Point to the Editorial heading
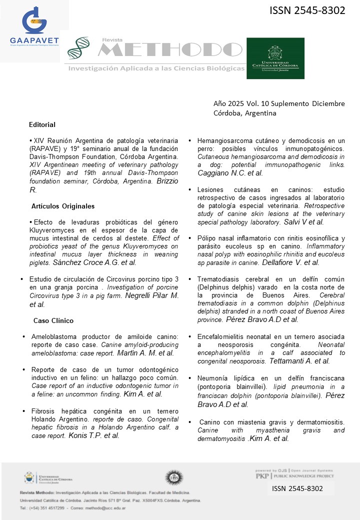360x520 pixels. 42,124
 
